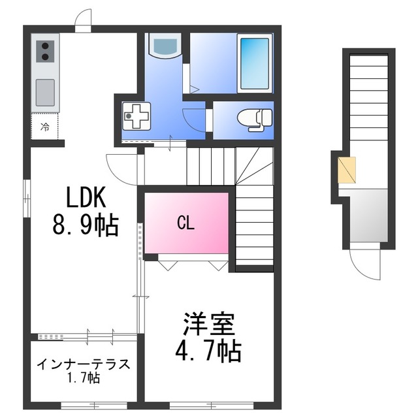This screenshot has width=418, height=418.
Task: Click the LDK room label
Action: (84, 197)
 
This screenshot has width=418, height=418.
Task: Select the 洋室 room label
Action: (208, 324)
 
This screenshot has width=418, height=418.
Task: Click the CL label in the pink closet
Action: (186, 223)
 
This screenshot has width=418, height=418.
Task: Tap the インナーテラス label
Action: (83, 364)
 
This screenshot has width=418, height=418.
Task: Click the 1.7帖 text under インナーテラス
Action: (83, 378)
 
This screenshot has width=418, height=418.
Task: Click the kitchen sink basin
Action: (46, 92)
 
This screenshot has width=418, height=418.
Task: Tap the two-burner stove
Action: (46, 51)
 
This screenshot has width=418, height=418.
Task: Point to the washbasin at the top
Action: (163, 46)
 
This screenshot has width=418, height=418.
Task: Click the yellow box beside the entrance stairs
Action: (347, 170)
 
